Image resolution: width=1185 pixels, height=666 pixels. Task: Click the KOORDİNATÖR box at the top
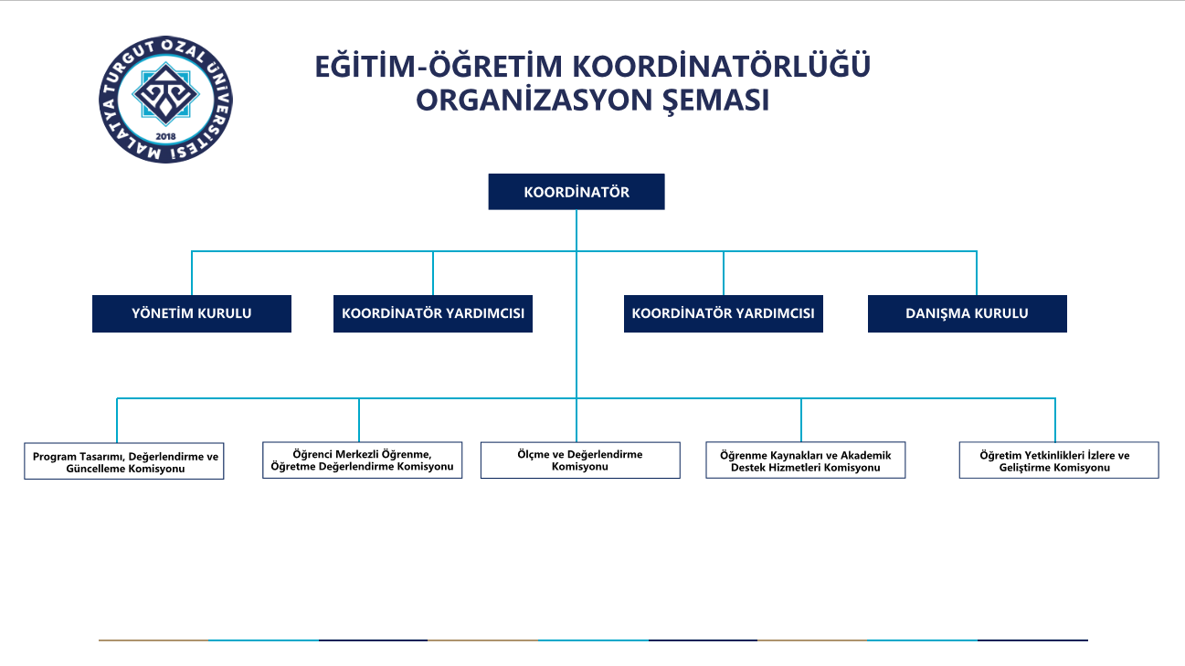click(x=577, y=192)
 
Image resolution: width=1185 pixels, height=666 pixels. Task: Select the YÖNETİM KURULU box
click(x=192, y=313)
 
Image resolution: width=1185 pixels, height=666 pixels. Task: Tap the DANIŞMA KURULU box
click(x=967, y=313)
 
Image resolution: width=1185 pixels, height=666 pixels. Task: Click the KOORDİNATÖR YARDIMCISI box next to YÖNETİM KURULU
click(x=433, y=313)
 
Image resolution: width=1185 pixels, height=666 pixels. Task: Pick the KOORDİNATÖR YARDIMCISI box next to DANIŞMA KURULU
click(x=724, y=313)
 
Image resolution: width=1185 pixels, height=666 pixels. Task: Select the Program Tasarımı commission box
click(x=123, y=461)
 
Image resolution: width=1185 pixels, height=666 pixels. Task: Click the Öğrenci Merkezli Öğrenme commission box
click(x=363, y=460)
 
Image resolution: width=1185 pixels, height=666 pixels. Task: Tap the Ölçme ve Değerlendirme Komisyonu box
click(x=580, y=460)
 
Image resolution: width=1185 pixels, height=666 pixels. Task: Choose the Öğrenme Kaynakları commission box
click(x=806, y=460)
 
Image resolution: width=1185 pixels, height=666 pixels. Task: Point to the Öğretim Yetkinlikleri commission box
click(x=1059, y=460)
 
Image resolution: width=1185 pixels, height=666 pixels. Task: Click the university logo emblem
click(x=165, y=100)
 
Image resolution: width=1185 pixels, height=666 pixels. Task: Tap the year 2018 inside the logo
click(x=165, y=136)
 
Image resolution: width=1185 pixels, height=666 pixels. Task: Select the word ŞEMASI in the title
click(x=715, y=100)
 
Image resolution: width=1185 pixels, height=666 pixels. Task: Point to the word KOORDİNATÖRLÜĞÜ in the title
click(x=721, y=66)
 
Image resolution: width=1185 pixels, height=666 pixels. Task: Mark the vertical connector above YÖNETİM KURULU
click(x=192, y=273)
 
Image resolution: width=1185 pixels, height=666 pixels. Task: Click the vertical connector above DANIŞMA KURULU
click(x=977, y=273)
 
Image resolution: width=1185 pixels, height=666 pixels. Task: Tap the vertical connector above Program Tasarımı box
click(x=117, y=420)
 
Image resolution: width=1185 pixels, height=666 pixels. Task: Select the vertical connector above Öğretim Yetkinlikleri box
click(x=1055, y=420)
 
